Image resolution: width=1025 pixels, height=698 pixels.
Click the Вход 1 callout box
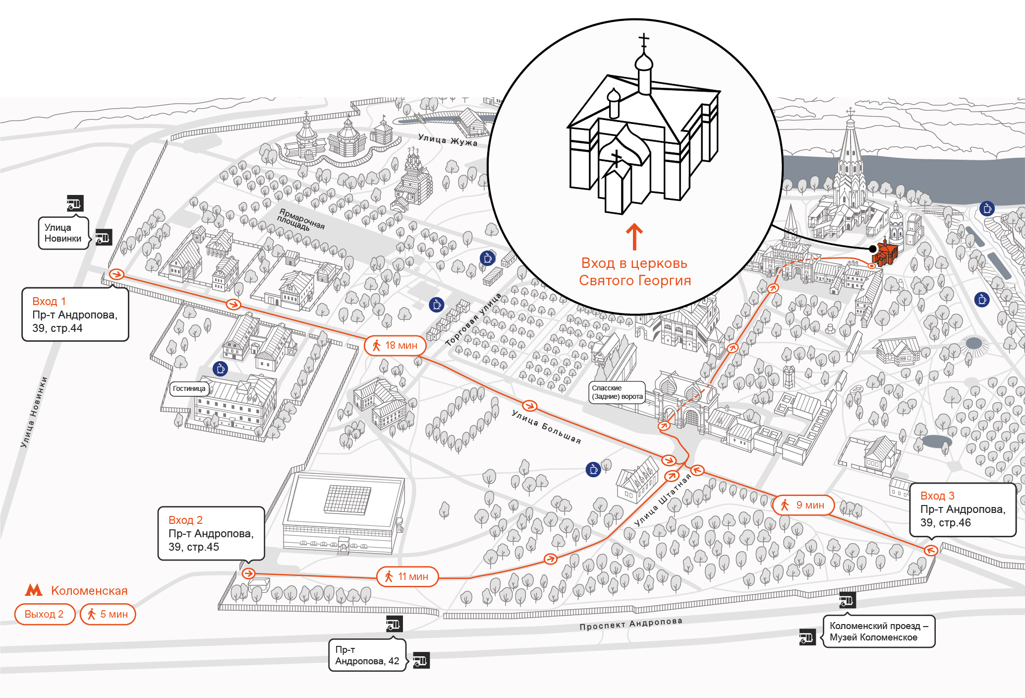(x=75, y=315)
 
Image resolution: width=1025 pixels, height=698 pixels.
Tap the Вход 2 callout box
(x=211, y=533)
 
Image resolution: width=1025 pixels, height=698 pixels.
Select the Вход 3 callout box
(x=963, y=509)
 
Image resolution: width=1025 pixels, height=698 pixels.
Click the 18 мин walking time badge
(x=395, y=345)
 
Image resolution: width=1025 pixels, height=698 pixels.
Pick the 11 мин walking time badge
(x=408, y=576)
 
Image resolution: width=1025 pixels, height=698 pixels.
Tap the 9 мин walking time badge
(x=803, y=505)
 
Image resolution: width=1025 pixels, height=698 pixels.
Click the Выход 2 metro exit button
(x=45, y=614)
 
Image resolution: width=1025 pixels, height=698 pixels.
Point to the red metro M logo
(x=34, y=590)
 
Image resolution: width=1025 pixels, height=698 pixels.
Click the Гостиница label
(x=189, y=388)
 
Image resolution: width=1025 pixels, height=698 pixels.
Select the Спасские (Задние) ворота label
(x=617, y=392)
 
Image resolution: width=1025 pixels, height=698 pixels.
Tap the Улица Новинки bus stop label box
(x=63, y=233)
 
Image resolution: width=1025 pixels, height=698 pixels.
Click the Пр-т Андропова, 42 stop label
(x=367, y=655)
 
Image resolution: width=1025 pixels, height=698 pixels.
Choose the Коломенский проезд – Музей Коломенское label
(x=879, y=632)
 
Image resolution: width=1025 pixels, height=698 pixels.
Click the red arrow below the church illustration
(x=634, y=236)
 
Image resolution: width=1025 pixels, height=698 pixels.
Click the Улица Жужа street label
(x=448, y=139)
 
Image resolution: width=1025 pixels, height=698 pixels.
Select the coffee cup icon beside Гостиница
(x=220, y=369)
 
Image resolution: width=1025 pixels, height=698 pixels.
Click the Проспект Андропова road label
(x=631, y=624)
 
